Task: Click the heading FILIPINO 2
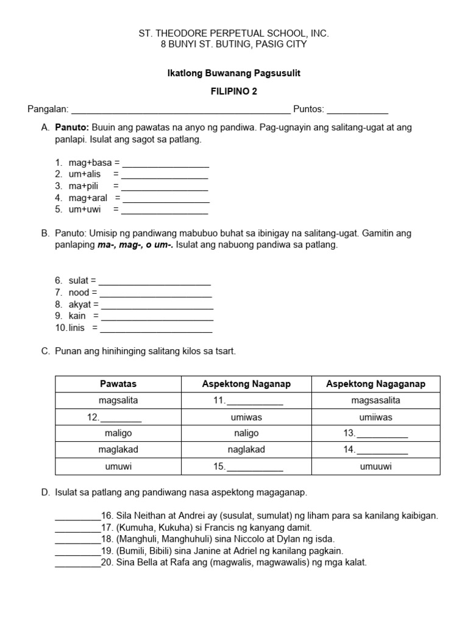[234, 91]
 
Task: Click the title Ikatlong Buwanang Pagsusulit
[234, 73]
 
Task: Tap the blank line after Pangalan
[181, 112]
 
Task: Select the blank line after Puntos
[358, 112]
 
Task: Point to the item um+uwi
[85, 210]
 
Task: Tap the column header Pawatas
[118, 384]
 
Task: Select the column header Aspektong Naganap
[246, 384]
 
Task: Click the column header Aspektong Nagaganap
[375, 384]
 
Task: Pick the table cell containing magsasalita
[375, 400]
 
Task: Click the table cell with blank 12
[118, 417]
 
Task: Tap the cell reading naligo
[246, 433]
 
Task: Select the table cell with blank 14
[375, 450]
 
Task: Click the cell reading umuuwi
[375, 467]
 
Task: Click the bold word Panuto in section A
[73, 128]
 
